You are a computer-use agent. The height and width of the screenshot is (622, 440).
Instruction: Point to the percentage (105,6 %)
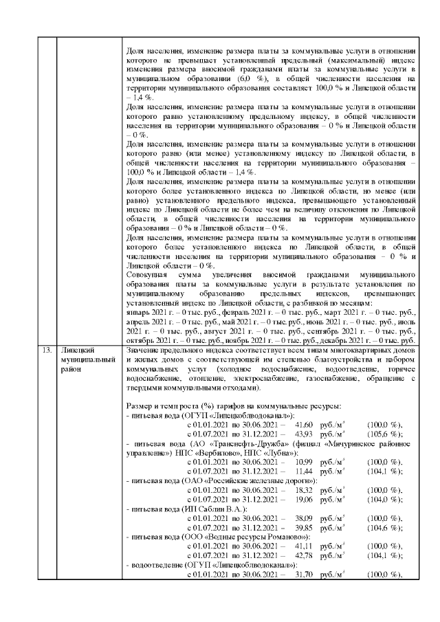(x=385, y=435)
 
